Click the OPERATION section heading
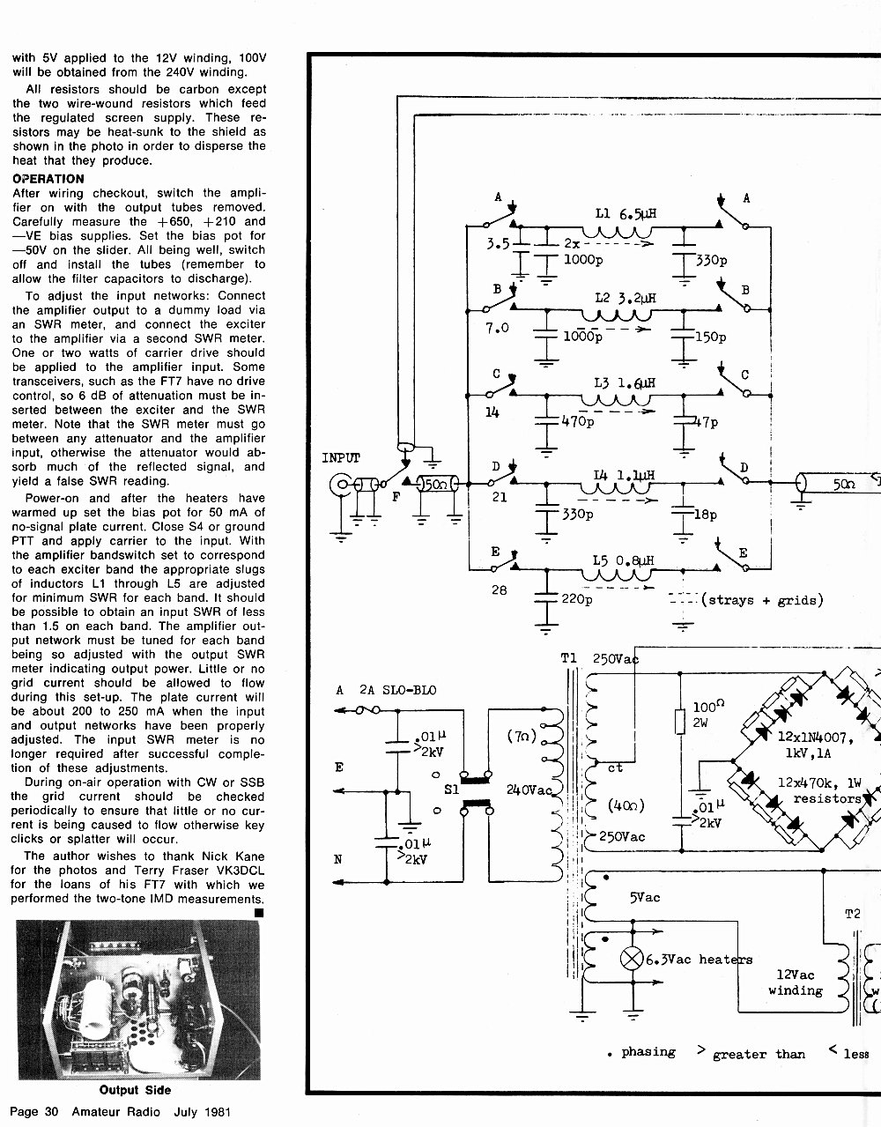coord(48,179)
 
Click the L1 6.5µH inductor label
coord(626,213)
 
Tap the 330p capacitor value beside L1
coord(711,260)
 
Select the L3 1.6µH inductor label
coord(625,383)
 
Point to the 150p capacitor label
coord(710,337)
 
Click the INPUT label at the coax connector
coord(341,457)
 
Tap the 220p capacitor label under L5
coord(577,599)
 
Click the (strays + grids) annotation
coord(762,600)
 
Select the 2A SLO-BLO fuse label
coord(397,690)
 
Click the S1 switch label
coord(452,790)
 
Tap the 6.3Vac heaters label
coord(699,960)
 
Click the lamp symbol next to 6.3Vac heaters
coord(632,958)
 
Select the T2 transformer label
coord(853,914)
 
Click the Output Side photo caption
coord(135,1090)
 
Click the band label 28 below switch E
coord(499,589)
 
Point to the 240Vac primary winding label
coord(529,790)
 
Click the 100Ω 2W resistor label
coord(708,714)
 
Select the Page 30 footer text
coord(34,1111)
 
